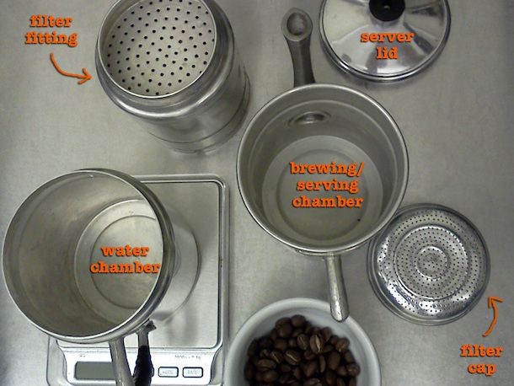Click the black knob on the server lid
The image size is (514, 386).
[387, 8]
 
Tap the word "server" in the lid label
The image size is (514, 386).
[387, 37]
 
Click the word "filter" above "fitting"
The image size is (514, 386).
[51, 22]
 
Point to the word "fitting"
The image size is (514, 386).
[51, 39]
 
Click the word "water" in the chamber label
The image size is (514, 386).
[126, 251]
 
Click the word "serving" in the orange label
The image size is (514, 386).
[328, 185]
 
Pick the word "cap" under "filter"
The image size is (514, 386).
[481, 368]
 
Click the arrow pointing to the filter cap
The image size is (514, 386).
[492, 317]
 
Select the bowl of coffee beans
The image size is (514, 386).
[302, 343]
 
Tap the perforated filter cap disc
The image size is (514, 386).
[429, 264]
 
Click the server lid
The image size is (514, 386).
[384, 38]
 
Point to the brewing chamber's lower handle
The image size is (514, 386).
[337, 287]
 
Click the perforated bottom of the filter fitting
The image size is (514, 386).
[159, 51]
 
